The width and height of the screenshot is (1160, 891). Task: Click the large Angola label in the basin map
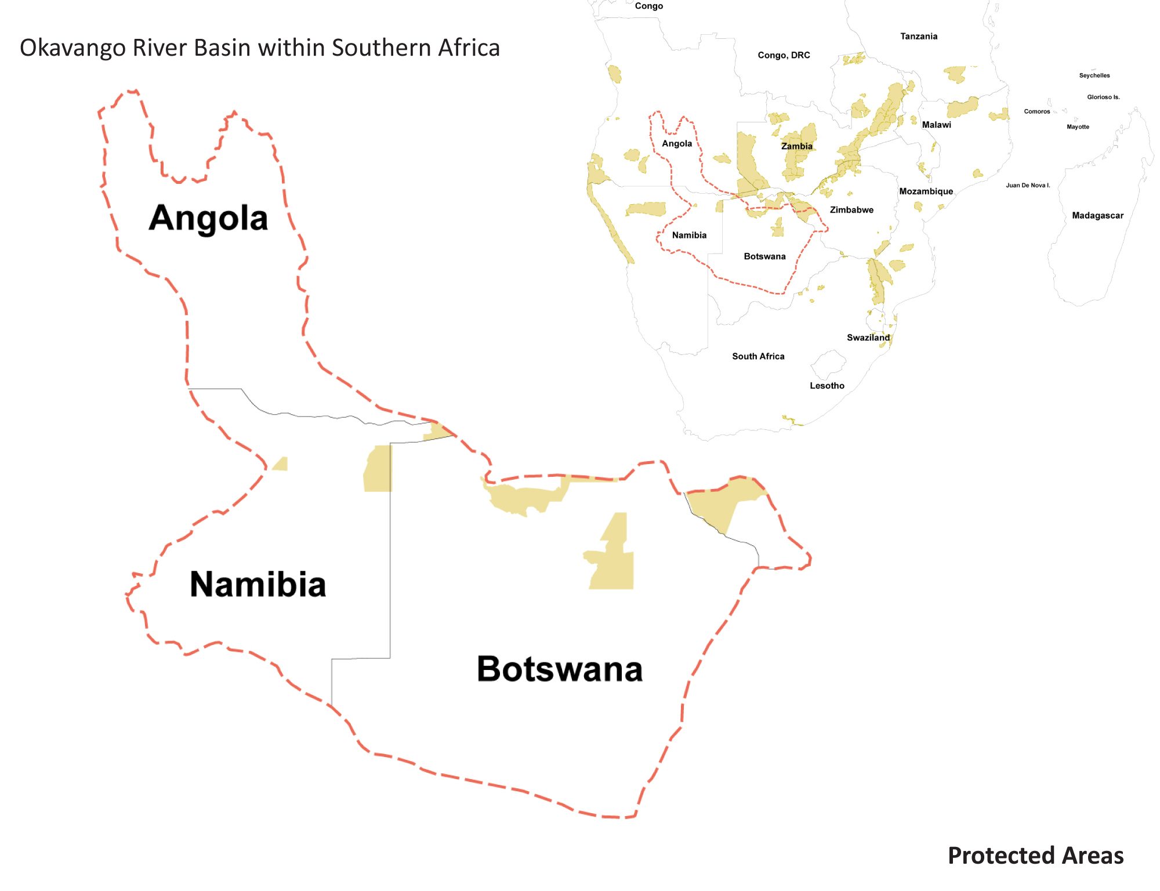click(x=208, y=218)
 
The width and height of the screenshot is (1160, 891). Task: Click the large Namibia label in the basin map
click(x=258, y=584)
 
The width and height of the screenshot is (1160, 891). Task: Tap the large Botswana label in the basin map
click(x=560, y=669)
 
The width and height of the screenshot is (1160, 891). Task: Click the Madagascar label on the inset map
click(x=1097, y=215)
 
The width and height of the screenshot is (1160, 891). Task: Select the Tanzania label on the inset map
click(x=919, y=36)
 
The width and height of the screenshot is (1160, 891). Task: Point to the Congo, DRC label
click(x=784, y=55)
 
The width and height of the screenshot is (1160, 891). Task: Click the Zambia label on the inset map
click(x=796, y=146)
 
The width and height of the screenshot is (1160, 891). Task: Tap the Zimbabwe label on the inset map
click(x=851, y=210)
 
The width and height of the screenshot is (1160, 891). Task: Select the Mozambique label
click(x=926, y=191)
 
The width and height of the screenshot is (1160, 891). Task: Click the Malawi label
click(x=936, y=125)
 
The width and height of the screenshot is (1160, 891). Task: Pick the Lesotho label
click(x=827, y=386)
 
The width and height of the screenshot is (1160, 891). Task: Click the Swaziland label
click(x=868, y=338)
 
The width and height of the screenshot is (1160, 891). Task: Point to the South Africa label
click(x=758, y=356)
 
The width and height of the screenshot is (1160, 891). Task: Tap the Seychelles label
click(x=1094, y=75)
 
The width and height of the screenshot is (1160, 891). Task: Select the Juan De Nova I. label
click(x=1028, y=186)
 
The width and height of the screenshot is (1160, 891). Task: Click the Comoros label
click(x=1036, y=111)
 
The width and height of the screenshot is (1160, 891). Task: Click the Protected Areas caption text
click(x=1035, y=856)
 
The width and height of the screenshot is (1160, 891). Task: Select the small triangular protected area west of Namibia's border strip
click(x=281, y=465)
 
